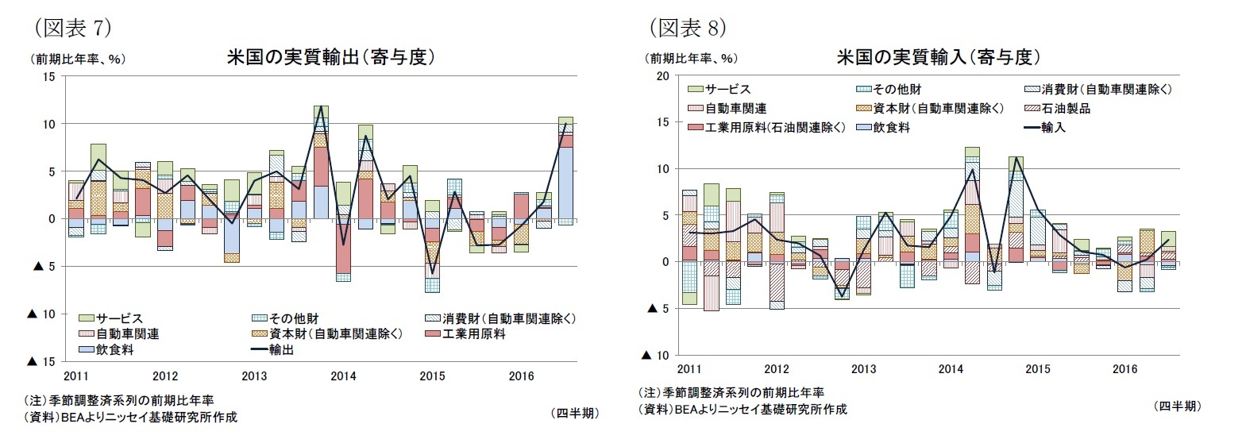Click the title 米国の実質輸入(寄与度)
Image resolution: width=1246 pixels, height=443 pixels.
[938, 57]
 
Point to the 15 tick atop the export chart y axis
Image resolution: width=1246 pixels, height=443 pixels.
[48, 76]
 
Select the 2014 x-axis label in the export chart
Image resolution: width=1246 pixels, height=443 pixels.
[343, 376]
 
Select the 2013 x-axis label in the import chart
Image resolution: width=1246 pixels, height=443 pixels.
[863, 369]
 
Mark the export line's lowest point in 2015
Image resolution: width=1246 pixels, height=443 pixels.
[432, 275]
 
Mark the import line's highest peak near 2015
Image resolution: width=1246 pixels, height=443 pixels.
[1016, 157]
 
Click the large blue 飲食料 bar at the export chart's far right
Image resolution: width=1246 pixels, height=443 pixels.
[565, 183]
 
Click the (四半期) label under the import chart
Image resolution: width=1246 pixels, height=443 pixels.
[1176, 406]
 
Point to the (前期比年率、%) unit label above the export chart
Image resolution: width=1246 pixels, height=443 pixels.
[78, 59]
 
